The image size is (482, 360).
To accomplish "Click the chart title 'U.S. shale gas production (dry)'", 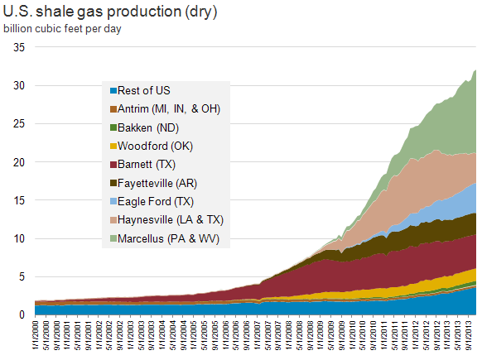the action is pos(110,12).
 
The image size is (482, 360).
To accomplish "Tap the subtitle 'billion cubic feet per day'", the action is pos(62,29).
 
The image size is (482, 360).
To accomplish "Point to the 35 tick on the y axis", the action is pos(19,47).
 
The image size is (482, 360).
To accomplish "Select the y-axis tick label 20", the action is pos(19,162).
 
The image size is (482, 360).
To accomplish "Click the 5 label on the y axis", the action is pos(22,276).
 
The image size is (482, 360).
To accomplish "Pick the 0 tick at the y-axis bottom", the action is pos(22,314).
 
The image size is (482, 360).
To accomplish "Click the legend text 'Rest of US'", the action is pos(144,90).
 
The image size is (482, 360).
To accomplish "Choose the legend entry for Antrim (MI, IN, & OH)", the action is pos(166,109).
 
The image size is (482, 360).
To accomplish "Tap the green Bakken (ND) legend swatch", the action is pos(113,127).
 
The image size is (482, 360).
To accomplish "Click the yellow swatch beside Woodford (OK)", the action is pos(113,146).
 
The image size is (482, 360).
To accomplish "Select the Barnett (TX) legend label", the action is pos(147,165).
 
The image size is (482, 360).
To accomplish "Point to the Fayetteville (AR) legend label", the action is pos(157,184).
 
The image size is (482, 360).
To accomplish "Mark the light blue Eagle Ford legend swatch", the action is pos(113,201).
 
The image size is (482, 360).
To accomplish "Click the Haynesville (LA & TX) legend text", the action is pos(171,220).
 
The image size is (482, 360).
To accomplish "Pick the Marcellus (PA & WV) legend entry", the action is pos(165,238).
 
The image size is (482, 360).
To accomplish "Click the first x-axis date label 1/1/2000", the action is pos(36,335).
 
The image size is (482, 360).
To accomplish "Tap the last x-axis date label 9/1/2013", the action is pos(469,335).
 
